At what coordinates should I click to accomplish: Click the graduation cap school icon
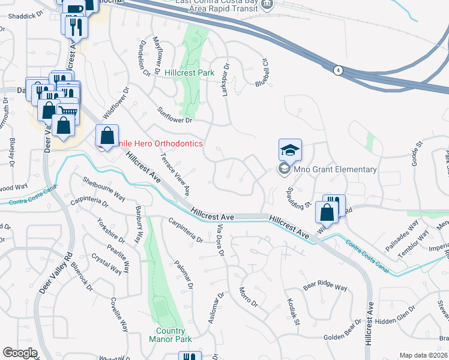tap(290, 150)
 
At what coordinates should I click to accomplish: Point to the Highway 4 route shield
tap(339, 70)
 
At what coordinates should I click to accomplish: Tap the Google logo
tap(20, 353)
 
